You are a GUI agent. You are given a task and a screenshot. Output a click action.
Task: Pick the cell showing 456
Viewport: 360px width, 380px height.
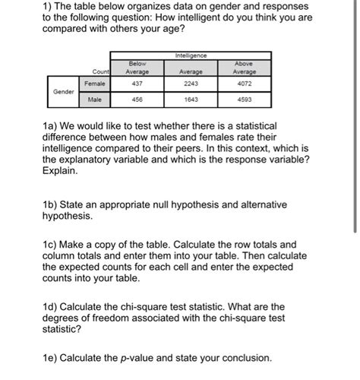coord(137,99)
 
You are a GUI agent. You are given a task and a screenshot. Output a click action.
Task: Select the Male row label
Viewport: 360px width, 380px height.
coord(95,99)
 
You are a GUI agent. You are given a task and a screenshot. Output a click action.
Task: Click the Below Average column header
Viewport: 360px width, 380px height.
coord(137,68)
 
